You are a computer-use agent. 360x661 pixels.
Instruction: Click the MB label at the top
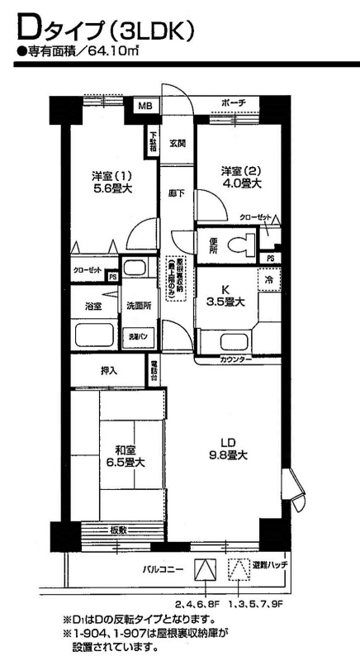(x=144, y=106)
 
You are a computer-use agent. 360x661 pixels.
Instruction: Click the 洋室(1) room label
(x=112, y=182)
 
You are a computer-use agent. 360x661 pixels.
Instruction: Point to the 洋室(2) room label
(x=240, y=177)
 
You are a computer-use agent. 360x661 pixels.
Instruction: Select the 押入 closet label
(x=109, y=372)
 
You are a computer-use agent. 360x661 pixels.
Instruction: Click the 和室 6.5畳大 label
(x=126, y=456)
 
